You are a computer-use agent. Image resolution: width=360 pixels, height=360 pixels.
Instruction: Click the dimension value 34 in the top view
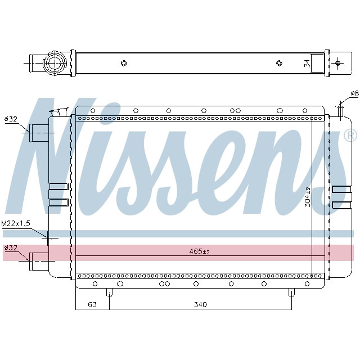[x=307, y=63]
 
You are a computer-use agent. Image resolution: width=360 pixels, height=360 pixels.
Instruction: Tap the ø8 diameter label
[x=354, y=93]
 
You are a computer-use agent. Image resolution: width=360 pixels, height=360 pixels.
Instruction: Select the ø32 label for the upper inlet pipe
[x=11, y=119]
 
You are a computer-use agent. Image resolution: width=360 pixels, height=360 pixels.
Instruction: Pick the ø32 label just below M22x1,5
[x=11, y=247]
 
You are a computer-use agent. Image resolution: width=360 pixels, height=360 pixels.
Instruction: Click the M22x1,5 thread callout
[x=16, y=224]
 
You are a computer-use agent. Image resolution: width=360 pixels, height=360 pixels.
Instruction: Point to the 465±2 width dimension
[x=199, y=252]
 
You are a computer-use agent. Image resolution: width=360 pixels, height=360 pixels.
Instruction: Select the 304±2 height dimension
[x=307, y=197]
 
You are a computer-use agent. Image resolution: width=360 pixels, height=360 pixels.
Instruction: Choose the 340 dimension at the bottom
[x=201, y=304]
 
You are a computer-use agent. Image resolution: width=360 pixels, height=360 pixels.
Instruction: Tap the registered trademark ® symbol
[x=349, y=136]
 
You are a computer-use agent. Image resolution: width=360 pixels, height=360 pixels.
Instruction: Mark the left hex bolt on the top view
[x=123, y=63]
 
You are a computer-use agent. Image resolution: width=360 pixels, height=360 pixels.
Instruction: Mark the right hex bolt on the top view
[x=279, y=63]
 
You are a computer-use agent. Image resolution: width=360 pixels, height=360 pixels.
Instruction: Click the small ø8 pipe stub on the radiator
[x=340, y=110]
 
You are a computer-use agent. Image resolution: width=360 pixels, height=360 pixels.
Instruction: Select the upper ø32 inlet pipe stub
[x=39, y=133]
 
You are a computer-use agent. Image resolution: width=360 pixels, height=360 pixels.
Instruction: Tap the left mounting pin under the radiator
[x=109, y=293]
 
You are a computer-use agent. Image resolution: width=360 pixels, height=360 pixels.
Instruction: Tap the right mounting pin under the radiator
[x=291, y=293]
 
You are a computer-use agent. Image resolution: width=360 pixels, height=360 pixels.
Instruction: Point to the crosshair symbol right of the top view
[x=338, y=62]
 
